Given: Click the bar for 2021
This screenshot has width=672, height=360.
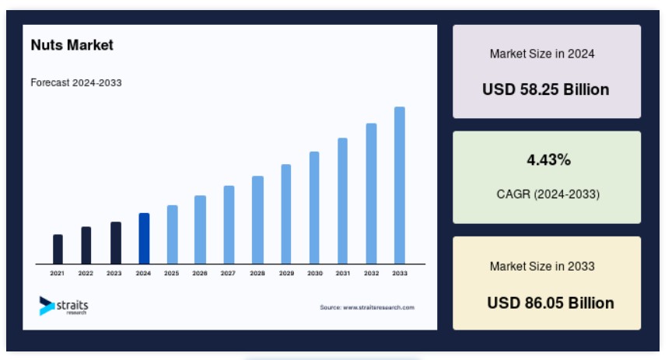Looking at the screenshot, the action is (x=58, y=249).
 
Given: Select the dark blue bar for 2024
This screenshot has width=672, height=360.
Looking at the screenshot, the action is (x=144, y=238).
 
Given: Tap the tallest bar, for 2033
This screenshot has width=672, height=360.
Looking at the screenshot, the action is (x=400, y=185).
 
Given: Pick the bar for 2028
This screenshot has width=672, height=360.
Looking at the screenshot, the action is (x=257, y=220).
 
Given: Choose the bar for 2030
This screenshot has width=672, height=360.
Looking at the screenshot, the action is (x=314, y=208).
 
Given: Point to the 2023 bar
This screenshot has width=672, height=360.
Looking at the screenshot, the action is (x=116, y=243).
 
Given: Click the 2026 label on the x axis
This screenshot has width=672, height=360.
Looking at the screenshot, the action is (x=200, y=273).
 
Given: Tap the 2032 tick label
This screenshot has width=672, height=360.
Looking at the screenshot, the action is (x=371, y=273).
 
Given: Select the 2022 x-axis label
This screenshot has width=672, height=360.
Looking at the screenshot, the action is (x=86, y=273).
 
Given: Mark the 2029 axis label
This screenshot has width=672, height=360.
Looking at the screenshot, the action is (x=286, y=273).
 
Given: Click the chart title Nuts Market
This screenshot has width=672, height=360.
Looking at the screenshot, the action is (x=72, y=45).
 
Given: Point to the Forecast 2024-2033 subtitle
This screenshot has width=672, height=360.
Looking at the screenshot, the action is (x=76, y=82).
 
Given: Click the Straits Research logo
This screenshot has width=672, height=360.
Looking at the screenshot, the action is (x=64, y=306).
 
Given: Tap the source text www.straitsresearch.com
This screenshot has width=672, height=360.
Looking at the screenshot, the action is (x=379, y=307).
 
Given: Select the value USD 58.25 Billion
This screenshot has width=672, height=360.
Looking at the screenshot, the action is (x=545, y=89).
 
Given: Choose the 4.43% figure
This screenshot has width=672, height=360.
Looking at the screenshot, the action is (x=548, y=160).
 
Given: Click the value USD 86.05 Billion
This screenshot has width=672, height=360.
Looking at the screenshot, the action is (x=551, y=303).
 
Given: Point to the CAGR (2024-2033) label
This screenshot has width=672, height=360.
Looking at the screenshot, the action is (x=548, y=194).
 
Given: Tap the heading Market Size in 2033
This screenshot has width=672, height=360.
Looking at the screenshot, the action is (x=542, y=266).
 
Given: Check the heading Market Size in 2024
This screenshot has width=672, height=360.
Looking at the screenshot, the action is (x=542, y=54).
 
